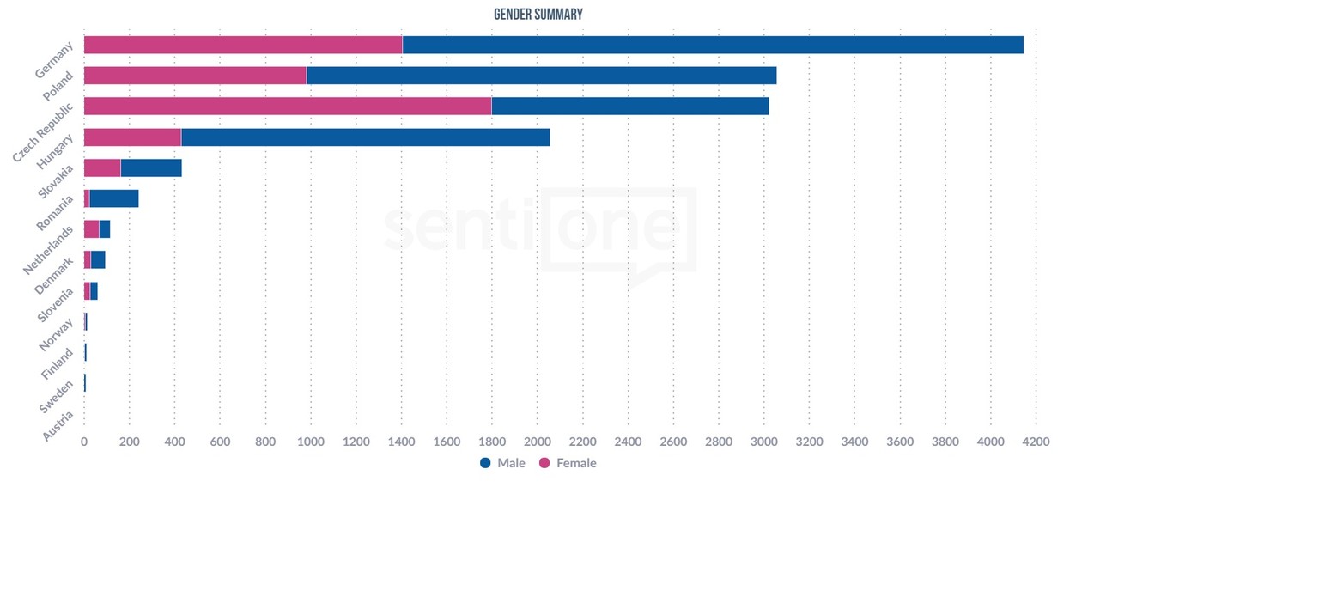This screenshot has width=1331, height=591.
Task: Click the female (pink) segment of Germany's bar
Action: pos(242,45)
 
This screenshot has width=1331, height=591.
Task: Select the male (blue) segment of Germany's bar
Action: pos(713,45)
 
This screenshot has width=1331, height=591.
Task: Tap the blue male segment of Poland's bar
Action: pos(541,76)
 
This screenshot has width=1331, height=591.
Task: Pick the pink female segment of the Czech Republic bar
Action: pos(287,107)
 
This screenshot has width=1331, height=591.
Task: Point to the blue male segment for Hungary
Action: pos(365,137)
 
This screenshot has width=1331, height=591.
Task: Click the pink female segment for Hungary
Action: pos(132,137)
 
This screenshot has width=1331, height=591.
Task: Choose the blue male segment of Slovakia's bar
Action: pos(151,168)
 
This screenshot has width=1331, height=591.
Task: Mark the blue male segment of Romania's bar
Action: pos(114,199)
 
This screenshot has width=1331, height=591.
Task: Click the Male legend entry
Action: pos(503,463)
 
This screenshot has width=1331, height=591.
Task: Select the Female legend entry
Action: pos(568,463)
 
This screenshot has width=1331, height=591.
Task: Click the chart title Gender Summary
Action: pos(538,15)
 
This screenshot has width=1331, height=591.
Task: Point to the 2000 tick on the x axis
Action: pos(537,442)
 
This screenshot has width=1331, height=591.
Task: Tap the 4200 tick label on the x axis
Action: pos(1036,442)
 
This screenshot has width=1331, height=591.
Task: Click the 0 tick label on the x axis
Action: pos(83,442)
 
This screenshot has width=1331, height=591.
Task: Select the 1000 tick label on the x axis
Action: pos(310,442)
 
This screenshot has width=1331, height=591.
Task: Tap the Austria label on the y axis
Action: pos(59,423)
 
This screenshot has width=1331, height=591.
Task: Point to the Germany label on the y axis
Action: pos(55,60)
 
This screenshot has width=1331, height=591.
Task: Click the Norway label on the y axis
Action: pos(58,334)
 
